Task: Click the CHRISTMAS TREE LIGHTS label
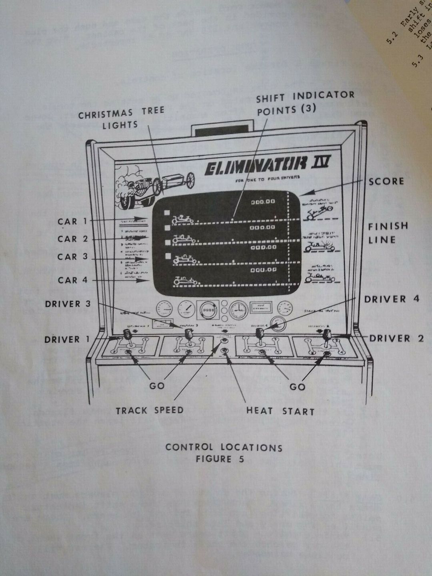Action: point(121,118)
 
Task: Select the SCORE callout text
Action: point(386,181)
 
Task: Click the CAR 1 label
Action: point(72,221)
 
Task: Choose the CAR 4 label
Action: point(72,280)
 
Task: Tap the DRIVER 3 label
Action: point(68,304)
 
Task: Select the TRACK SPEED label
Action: point(150,410)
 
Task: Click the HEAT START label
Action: point(280,411)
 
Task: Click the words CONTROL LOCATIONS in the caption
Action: point(224,447)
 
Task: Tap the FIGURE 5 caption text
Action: point(220,459)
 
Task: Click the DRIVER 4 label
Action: point(392,299)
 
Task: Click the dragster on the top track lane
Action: point(182,218)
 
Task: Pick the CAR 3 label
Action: point(72,257)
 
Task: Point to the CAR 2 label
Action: point(72,239)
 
